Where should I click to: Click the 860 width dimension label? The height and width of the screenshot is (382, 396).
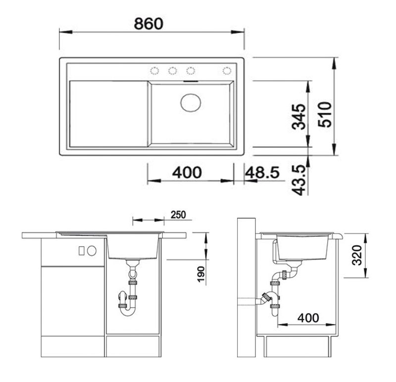(x=148, y=24)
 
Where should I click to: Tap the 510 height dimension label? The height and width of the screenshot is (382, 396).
(x=325, y=115)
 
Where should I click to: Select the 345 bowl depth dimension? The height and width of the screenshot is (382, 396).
(x=298, y=117)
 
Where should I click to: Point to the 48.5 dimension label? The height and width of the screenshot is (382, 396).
(x=263, y=173)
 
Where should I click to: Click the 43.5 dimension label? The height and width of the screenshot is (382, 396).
(x=299, y=180)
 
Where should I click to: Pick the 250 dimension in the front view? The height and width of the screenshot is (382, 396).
(x=178, y=215)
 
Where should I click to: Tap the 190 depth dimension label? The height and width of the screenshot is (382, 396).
(x=201, y=274)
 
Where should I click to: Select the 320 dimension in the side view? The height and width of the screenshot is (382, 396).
(x=357, y=255)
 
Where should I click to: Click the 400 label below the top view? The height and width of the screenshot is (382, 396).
(x=187, y=172)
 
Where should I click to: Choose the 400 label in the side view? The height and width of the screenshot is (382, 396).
(x=308, y=318)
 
